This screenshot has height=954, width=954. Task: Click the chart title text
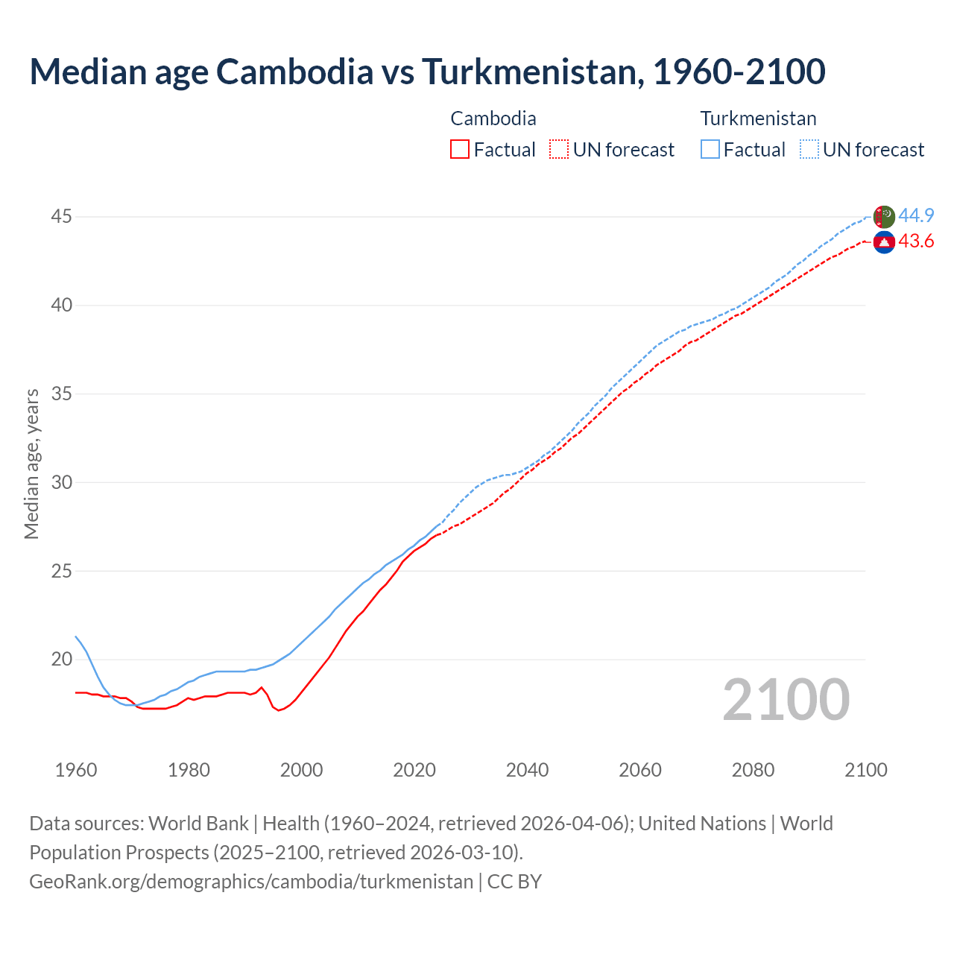427,72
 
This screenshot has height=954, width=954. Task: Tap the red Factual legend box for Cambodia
460,150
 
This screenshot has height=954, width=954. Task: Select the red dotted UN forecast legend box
559,150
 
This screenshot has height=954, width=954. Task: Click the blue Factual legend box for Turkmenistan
710,150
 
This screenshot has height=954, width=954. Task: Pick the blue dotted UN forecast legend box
809,150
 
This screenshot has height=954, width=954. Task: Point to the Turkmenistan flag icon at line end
884,217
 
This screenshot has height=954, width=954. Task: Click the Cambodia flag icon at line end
884,242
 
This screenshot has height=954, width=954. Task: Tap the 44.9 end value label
916,216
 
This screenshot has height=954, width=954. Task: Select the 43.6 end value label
916,241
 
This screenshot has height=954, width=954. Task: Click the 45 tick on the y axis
61,217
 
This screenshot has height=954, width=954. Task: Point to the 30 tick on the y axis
61,482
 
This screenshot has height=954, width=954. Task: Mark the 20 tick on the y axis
61,660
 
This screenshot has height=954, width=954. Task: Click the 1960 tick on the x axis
76,770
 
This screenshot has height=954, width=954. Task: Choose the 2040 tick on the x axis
527,770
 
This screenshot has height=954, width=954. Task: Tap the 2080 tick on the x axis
753,770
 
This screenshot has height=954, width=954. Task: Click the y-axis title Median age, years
31,464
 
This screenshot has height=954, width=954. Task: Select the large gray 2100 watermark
786,700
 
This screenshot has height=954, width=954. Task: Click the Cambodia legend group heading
493,119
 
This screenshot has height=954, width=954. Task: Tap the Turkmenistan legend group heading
758,119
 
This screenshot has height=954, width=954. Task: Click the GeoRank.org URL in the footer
251,882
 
